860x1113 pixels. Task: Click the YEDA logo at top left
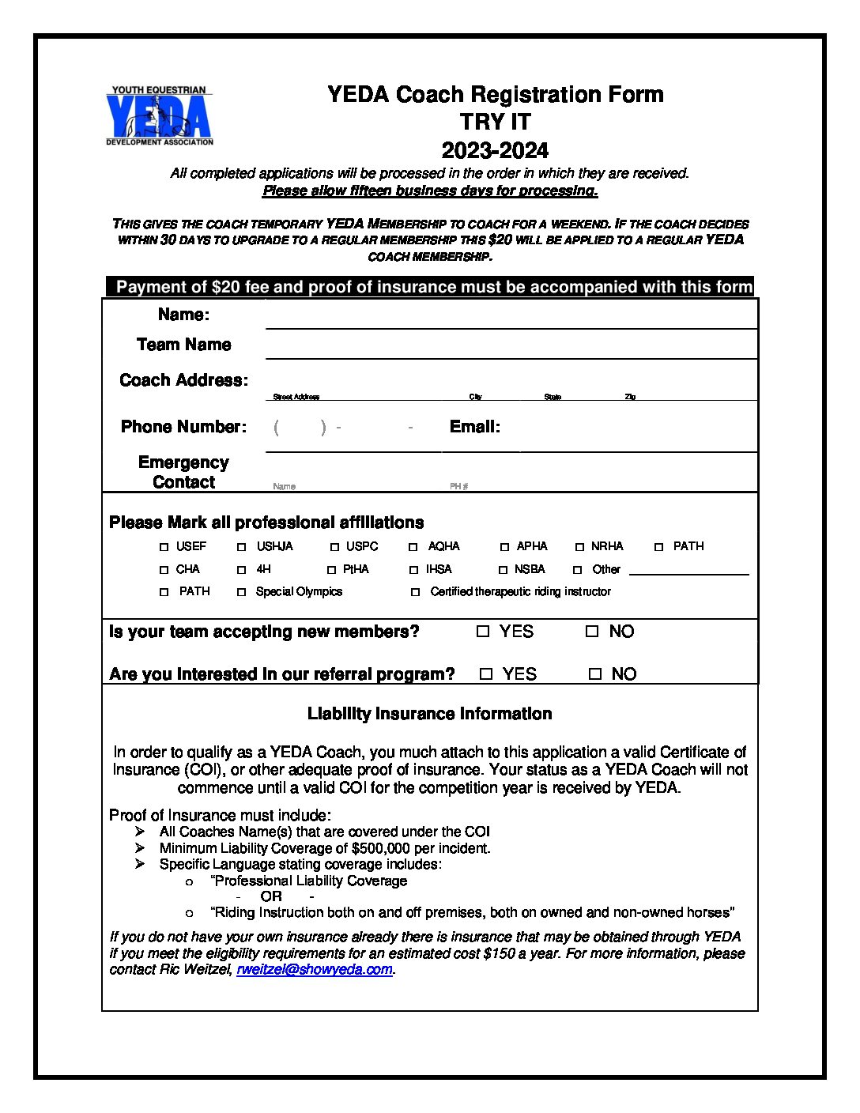click(159, 116)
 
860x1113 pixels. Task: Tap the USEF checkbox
click(164, 547)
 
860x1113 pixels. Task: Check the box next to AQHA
click(413, 547)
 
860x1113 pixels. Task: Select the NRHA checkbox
click(579, 547)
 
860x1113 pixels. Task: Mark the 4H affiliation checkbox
click(242, 570)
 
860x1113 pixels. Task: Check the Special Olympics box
click(242, 592)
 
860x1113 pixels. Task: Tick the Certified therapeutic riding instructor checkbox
click(416, 592)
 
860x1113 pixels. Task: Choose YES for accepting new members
click(483, 632)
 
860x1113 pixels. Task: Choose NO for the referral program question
click(595, 674)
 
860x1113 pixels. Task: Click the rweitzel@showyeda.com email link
click(315, 970)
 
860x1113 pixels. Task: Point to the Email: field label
click(475, 427)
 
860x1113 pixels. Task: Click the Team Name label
click(183, 345)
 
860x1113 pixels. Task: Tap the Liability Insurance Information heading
click(429, 714)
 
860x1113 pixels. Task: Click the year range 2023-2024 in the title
click(495, 150)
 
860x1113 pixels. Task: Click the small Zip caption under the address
click(630, 397)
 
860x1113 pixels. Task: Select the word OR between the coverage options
click(271, 896)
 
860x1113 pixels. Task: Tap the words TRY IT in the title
click(496, 123)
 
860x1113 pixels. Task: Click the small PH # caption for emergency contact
click(459, 487)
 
